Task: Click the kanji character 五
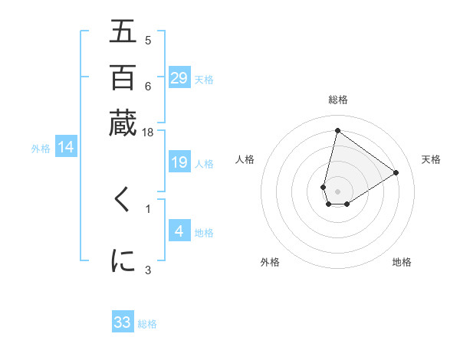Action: (123, 31)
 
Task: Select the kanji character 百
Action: (123, 77)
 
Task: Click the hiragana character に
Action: (123, 260)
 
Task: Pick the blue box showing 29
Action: (179, 78)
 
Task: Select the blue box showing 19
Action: (179, 162)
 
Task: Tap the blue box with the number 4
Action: (179, 231)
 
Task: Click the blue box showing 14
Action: (66, 147)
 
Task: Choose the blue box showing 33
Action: (123, 322)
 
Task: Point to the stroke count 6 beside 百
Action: (148, 87)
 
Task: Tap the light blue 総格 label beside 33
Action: (147, 324)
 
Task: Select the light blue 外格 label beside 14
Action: (41, 149)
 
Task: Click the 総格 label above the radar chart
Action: (337, 100)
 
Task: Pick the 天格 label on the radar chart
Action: (431, 159)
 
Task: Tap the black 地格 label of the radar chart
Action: (402, 262)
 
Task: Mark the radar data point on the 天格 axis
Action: (396, 172)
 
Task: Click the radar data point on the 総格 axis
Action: (337, 130)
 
